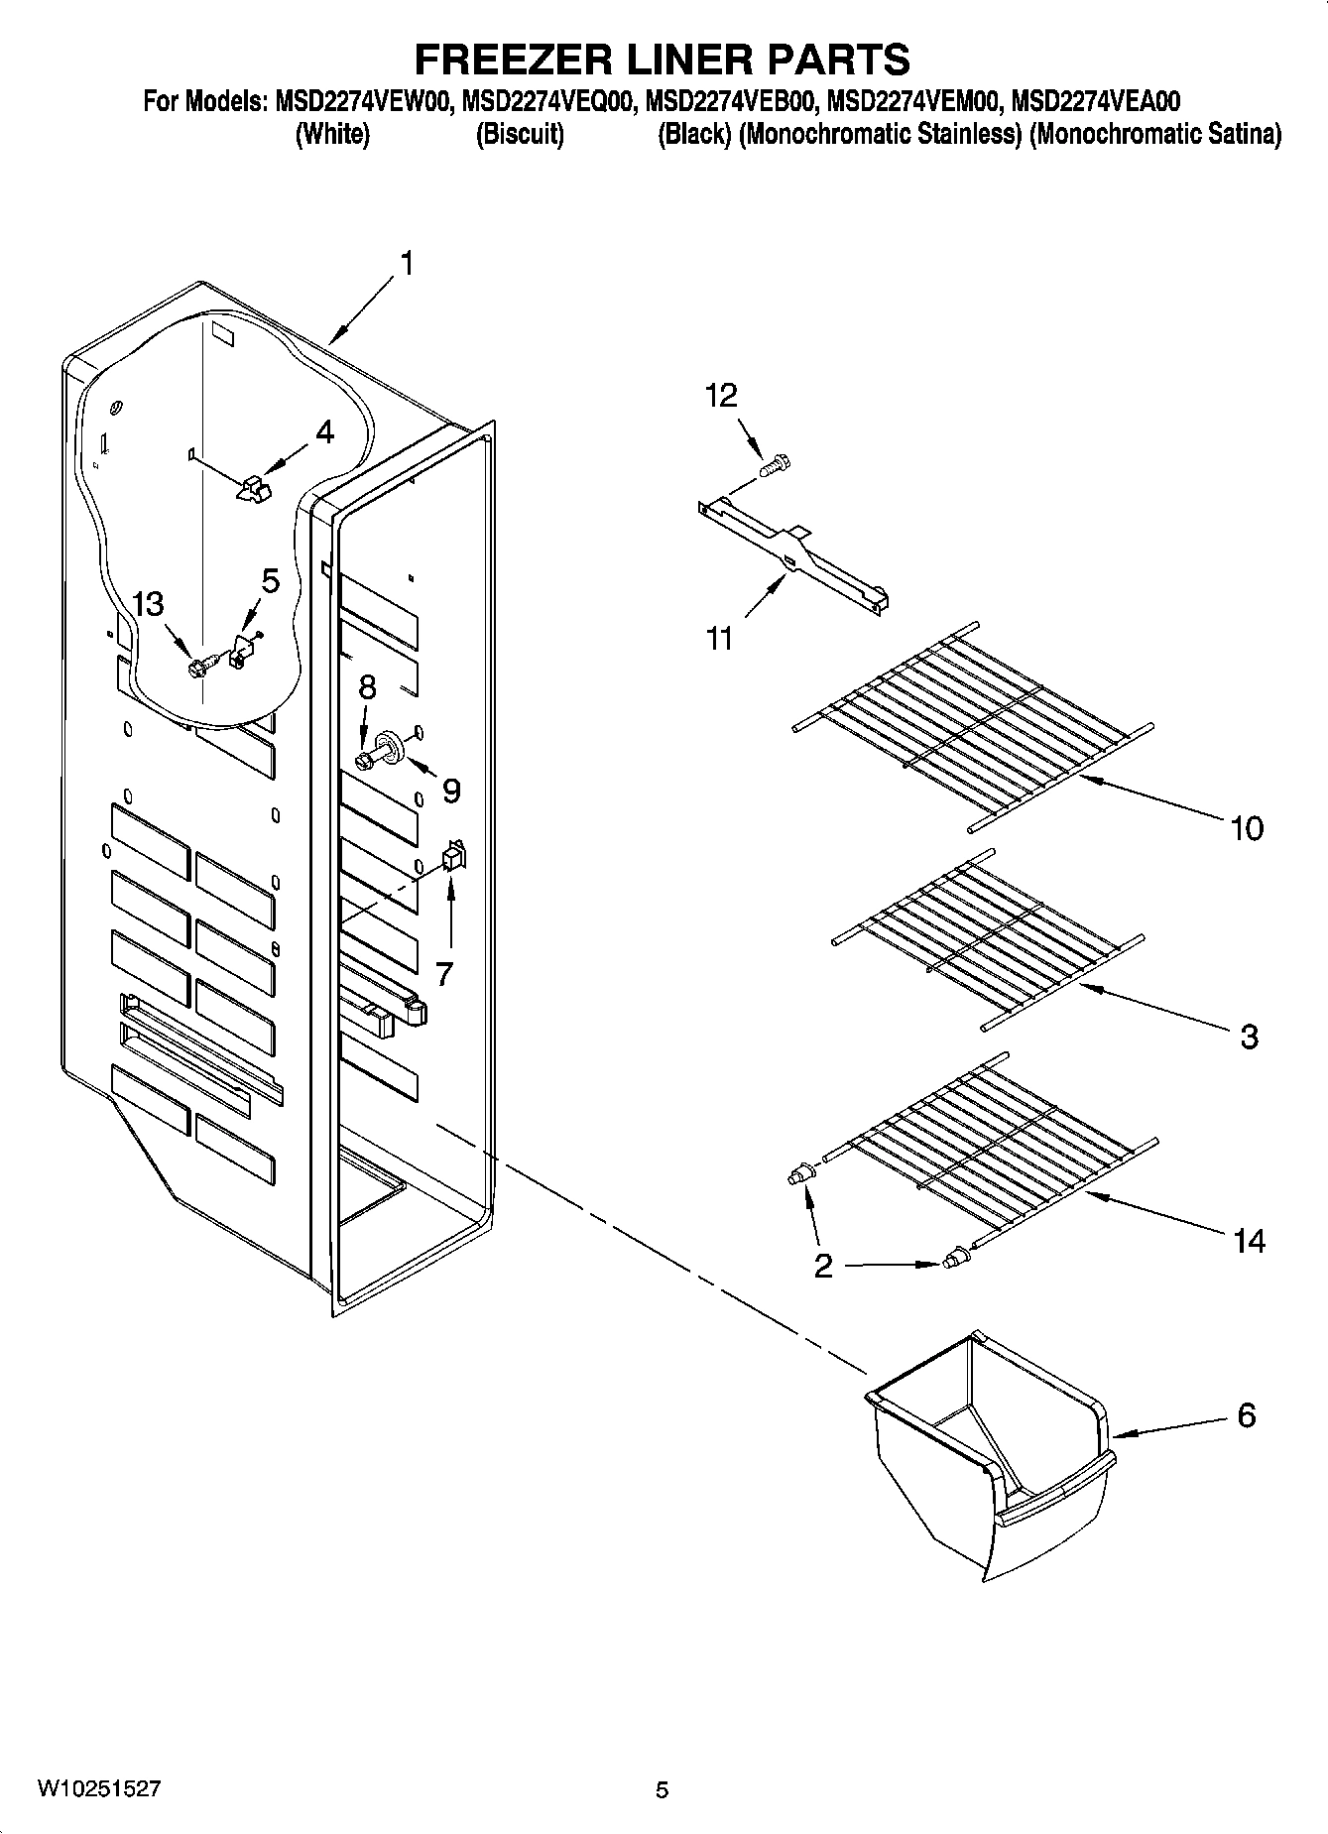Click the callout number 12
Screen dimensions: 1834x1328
point(721,396)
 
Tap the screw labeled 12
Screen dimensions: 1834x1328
point(776,462)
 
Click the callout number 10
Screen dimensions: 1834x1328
point(1247,826)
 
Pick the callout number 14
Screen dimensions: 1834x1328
point(1249,1240)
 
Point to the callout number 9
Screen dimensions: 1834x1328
point(450,791)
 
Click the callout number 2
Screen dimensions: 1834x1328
point(823,1267)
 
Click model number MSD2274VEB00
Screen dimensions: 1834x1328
point(731,102)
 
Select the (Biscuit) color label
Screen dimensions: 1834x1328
point(520,134)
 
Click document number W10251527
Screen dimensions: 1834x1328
point(99,1789)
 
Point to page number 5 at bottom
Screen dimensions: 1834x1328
point(662,1790)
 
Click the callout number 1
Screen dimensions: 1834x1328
point(406,263)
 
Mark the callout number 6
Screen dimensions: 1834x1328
point(1247,1414)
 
